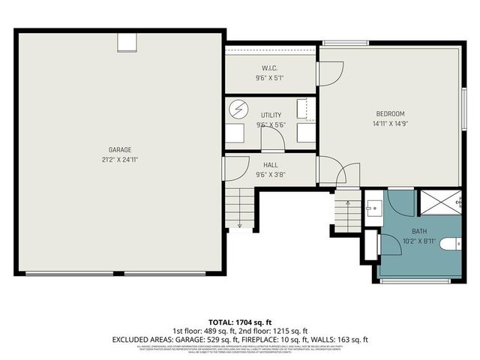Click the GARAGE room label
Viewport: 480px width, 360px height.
120,148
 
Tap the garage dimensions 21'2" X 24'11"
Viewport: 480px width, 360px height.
120,159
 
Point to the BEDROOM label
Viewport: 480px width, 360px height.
389,113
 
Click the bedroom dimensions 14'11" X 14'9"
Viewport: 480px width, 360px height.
389,124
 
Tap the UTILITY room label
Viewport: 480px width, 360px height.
271,115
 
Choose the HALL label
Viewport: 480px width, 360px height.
271,164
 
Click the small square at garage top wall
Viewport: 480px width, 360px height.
125,42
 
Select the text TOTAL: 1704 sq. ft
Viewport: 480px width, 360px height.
240,322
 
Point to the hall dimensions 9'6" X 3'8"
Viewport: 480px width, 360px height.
271,175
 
